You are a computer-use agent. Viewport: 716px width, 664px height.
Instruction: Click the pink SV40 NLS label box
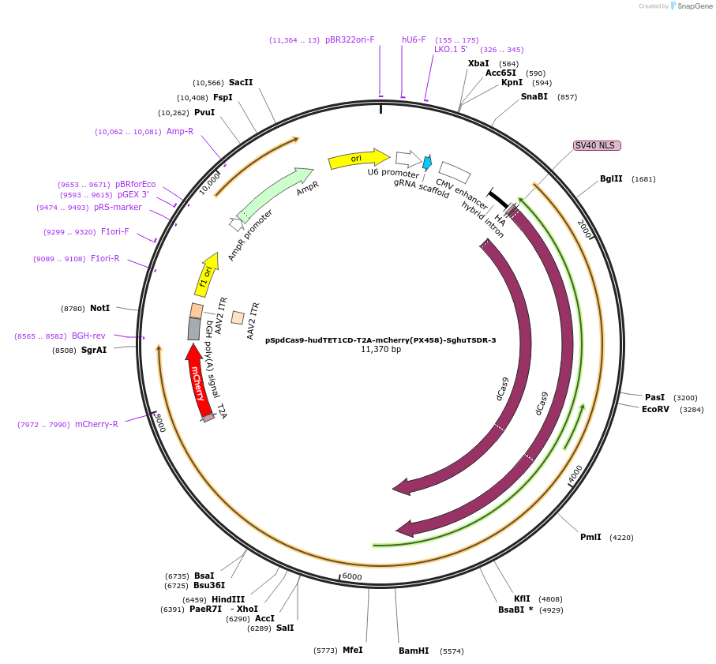pyautogui.click(x=597, y=145)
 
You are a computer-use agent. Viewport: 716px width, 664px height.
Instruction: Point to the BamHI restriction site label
pyautogui.click(x=414, y=651)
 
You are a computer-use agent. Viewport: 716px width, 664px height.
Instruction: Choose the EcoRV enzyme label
pyautogui.click(x=655, y=409)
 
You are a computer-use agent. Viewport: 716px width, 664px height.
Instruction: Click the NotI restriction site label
pyautogui.click(x=99, y=307)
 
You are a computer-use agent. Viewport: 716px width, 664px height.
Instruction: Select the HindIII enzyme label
pyautogui.click(x=228, y=599)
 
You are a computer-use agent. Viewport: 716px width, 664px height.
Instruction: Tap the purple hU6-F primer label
pyautogui.click(x=414, y=39)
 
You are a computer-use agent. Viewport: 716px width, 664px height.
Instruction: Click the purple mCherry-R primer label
pyautogui.click(x=96, y=424)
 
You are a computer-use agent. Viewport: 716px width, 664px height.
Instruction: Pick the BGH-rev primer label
pyautogui.click(x=88, y=336)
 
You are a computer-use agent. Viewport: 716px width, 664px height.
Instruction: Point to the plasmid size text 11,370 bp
pyautogui.click(x=380, y=349)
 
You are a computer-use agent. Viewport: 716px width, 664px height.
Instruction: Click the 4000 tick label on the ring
pyautogui.click(x=575, y=474)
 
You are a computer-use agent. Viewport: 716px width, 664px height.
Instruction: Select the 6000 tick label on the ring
pyautogui.click(x=352, y=577)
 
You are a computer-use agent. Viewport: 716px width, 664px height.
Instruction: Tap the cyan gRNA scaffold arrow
pyautogui.click(x=427, y=163)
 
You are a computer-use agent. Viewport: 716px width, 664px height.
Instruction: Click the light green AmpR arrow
pyautogui.click(x=273, y=193)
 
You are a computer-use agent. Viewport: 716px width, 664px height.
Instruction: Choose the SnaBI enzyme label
pyautogui.click(x=534, y=96)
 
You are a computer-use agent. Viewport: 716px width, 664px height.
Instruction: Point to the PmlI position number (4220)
pyautogui.click(x=621, y=537)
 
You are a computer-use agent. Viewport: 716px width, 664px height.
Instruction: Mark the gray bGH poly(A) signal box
pyautogui.click(x=193, y=328)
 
